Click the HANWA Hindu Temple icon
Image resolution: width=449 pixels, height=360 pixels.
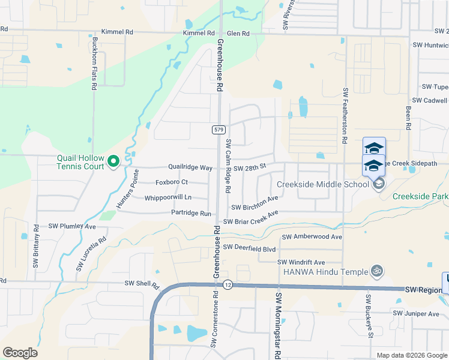[x=377, y=271]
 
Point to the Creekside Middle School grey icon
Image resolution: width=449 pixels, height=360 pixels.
[x=378, y=184]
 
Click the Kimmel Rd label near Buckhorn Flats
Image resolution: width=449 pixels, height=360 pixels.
[x=117, y=32]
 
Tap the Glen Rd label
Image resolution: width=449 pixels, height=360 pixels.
[x=238, y=34]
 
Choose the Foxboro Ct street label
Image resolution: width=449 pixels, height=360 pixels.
[x=172, y=182]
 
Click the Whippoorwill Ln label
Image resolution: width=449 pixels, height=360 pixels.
[x=168, y=197]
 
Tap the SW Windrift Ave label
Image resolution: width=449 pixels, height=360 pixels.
[x=301, y=262]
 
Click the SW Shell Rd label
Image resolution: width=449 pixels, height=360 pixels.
[x=141, y=283]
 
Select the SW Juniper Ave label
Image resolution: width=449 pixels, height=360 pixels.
[x=417, y=313]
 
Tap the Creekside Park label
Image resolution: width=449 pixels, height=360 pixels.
[x=420, y=196]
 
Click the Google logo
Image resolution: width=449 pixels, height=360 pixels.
[x=20, y=353]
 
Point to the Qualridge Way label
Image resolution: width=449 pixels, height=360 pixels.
[x=190, y=167]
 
